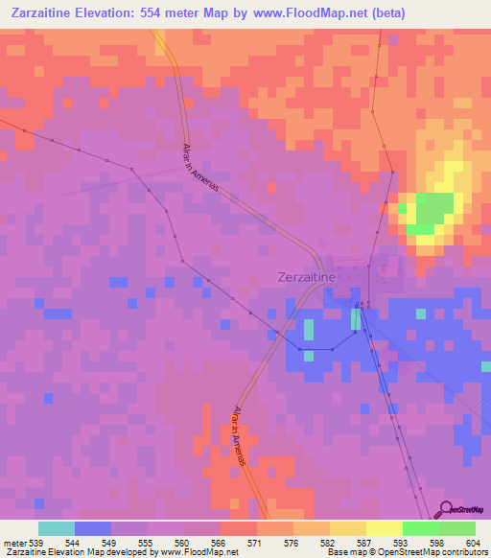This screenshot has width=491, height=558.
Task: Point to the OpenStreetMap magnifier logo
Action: pyautogui.click(x=445, y=509)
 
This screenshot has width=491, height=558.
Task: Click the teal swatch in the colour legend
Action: pyautogui.click(x=56, y=528)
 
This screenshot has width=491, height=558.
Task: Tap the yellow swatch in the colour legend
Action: pyautogui.click(x=384, y=528)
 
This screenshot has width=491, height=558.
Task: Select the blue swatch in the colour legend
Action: pyautogui.click(x=92, y=528)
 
